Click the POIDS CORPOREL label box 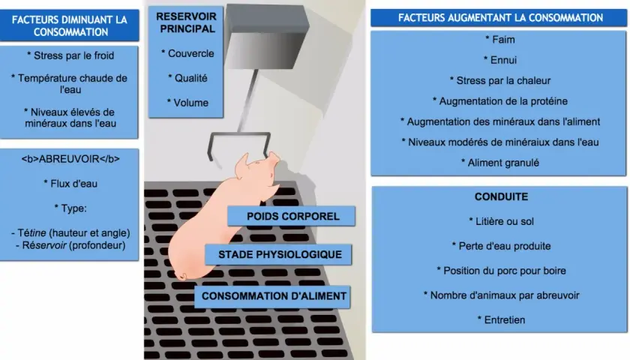point(291,216)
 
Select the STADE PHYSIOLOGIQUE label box point(278,254)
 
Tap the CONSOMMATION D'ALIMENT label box point(272,296)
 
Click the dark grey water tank point(265,35)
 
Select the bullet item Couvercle point(187,53)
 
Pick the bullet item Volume point(187,103)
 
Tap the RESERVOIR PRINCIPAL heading point(187,22)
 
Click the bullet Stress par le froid point(70,55)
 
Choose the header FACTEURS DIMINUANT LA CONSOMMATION point(70,25)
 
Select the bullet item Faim point(499,39)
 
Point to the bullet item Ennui point(499,60)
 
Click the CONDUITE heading point(501,196)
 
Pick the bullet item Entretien point(501,320)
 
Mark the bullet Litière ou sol point(501,221)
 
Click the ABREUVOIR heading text point(70,159)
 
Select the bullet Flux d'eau point(70,184)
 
